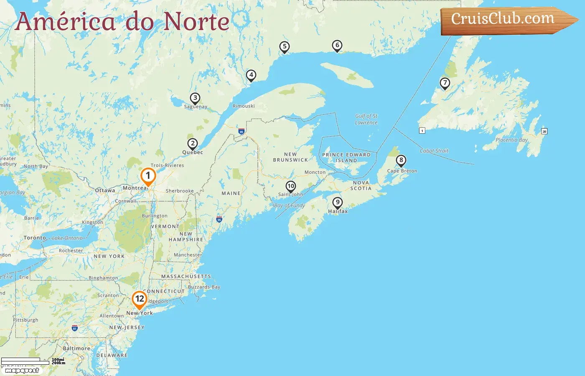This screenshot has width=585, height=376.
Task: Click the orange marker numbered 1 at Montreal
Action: tap(148, 176)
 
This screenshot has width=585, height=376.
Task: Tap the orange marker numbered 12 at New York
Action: tap(140, 299)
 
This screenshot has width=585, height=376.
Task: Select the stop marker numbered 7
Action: tap(445, 83)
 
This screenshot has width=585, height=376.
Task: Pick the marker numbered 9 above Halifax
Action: tap(337, 203)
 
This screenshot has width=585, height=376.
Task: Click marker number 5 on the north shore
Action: tap(285, 47)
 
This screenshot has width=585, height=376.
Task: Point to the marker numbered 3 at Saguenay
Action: tap(195, 98)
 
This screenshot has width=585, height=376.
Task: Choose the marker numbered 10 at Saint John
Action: tap(291, 186)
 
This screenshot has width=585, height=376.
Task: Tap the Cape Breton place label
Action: tap(402, 171)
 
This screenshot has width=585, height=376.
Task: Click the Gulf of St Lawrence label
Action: tap(366, 119)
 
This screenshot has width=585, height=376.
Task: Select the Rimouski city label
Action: tap(244, 106)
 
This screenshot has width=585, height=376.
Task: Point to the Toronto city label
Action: tap(35, 238)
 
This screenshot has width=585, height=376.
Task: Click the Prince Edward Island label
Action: tap(346, 158)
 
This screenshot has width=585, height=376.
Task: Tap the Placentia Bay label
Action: tap(511, 140)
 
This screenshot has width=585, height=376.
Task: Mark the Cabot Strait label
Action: tap(434, 151)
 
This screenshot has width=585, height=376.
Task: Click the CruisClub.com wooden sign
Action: tap(503, 19)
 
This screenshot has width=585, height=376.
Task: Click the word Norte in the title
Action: tap(196, 22)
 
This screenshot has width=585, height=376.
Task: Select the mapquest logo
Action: tap(22, 371)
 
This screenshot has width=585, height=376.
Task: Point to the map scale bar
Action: tap(25, 361)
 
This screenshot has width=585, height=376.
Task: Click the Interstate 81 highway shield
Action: tap(75, 328)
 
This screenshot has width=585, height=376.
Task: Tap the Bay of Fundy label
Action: tap(290, 206)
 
